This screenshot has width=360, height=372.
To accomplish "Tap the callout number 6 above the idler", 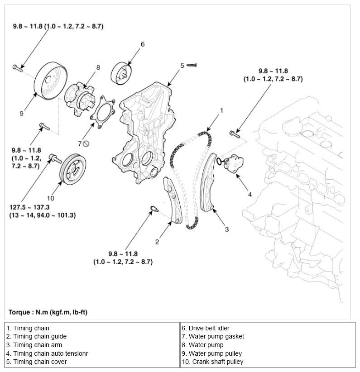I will [x=142, y=44].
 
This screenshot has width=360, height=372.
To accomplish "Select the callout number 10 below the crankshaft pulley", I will [x=50, y=198].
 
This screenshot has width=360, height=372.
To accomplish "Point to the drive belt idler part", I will [x=121, y=72].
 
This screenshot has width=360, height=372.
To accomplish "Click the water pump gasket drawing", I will [x=103, y=110].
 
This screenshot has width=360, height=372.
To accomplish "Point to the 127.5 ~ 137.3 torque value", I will [x=29, y=206].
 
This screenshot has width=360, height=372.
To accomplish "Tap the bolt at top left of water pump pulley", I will [x=17, y=68].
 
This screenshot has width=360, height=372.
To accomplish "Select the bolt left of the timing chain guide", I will [x=153, y=209].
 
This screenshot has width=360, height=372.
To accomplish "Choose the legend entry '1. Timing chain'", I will [x=28, y=328].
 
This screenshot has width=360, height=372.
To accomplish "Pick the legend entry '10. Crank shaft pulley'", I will [x=213, y=362].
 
